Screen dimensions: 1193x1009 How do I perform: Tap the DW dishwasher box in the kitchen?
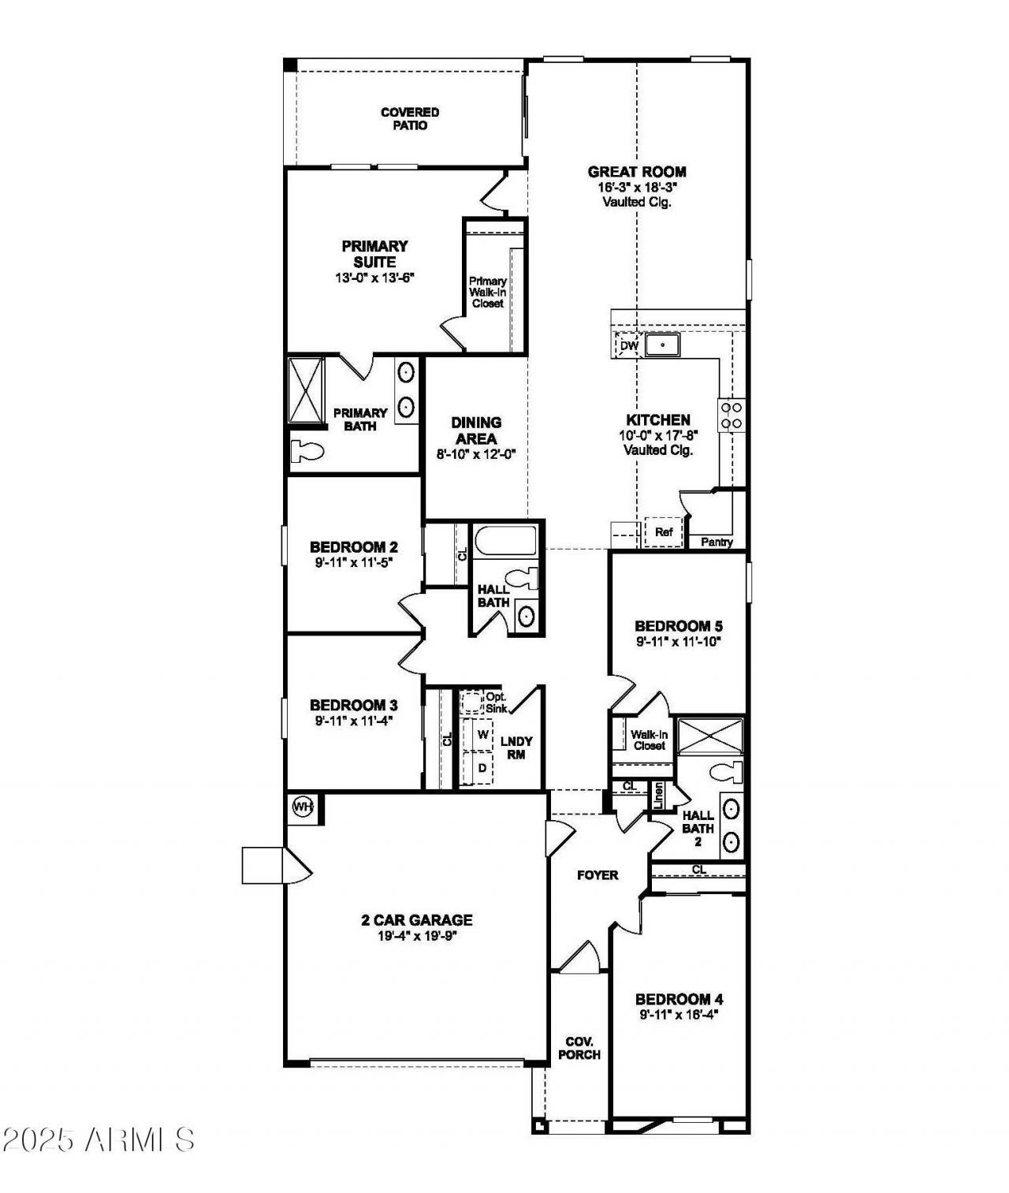[628, 345]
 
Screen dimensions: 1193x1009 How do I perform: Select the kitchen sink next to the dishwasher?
[662, 345]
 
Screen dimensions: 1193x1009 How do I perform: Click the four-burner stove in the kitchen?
[732, 415]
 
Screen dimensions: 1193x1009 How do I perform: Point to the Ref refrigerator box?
[664, 532]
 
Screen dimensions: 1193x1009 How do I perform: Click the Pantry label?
[717, 542]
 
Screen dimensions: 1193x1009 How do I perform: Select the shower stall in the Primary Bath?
[306, 390]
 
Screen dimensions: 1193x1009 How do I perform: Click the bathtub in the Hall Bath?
[504, 541]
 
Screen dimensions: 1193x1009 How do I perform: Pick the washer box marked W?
[482, 734]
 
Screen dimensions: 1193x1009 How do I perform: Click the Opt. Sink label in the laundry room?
[496, 703]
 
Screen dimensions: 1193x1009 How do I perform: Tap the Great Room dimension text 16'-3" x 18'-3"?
[637, 188]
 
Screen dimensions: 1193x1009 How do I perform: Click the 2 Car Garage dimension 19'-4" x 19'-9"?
[416, 936]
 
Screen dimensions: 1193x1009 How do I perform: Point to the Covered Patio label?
[410, 118]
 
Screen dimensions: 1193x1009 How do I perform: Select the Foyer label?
[598, 875]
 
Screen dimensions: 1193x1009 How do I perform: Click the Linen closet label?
[658, 796]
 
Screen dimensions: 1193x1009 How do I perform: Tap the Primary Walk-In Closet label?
[488, 292]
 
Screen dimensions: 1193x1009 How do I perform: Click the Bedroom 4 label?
[679, 999]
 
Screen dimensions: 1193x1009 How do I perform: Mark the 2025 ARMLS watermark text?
[99, 1139]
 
